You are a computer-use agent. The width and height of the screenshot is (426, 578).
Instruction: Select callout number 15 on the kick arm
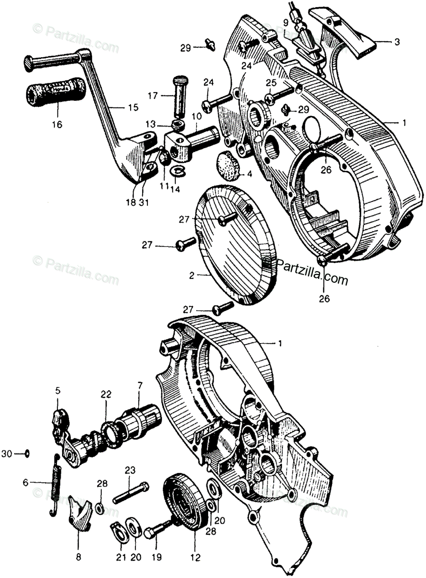click(132, 107)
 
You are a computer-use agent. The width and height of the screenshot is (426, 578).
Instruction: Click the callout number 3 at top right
click(397, 42)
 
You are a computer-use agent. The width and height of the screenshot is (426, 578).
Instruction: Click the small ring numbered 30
click(28, 453)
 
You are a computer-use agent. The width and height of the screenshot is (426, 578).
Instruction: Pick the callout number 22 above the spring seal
click(106, 394)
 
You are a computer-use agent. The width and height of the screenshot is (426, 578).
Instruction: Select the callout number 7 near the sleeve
click(140, 385)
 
